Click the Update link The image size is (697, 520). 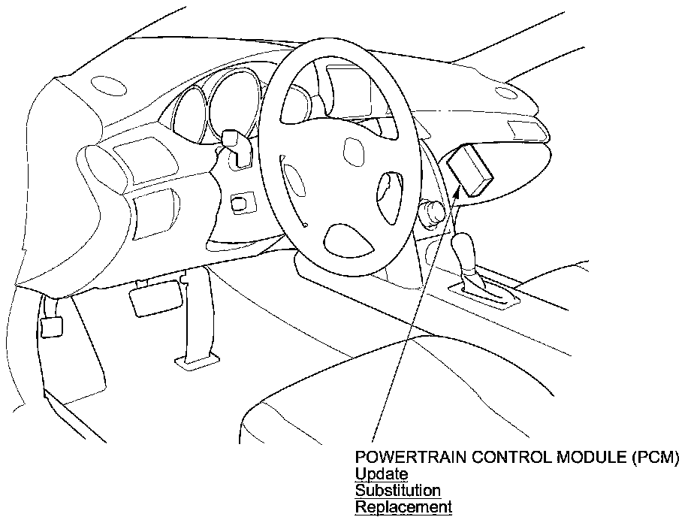click(x=382, y=474)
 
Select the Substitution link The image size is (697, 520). click(x=397, y=491)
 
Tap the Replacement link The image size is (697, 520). click(x=403, y=507)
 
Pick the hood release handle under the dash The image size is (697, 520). click(x=50, y=326)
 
